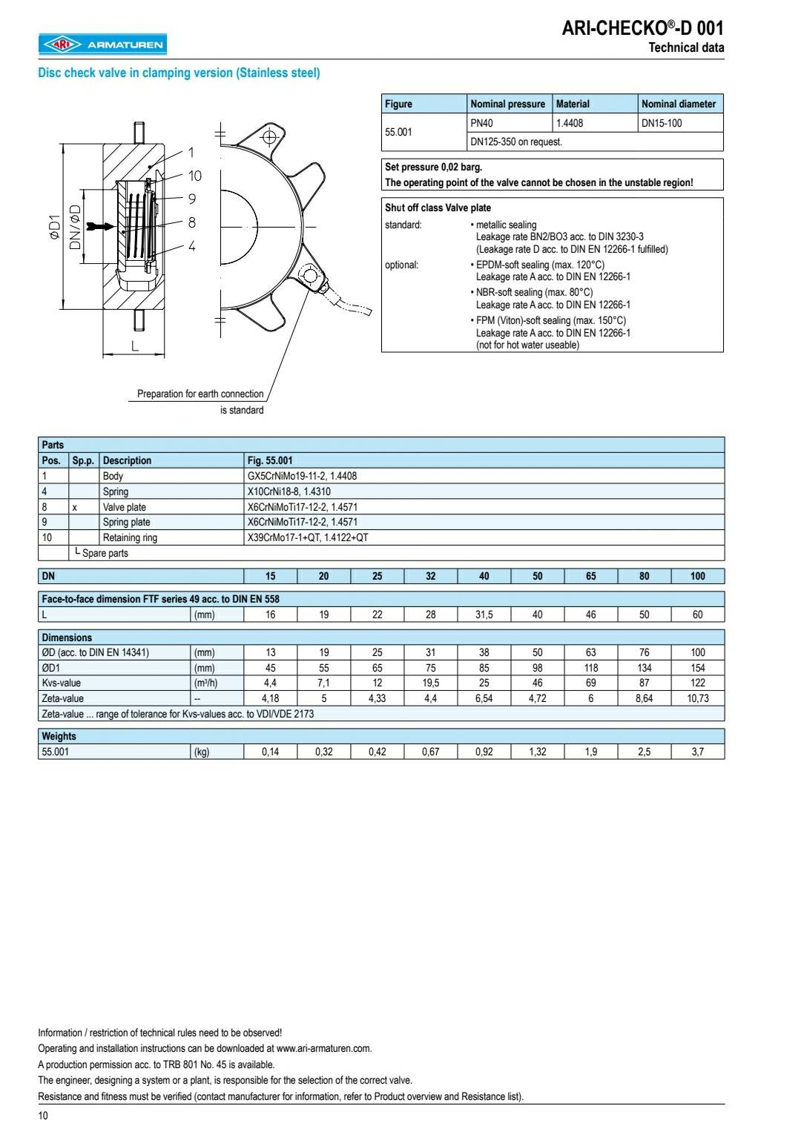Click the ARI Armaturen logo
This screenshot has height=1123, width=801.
tap(102, 45)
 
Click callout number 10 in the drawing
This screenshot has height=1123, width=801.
tap(194, 176)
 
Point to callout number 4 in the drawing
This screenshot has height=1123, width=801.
tap(191, 246)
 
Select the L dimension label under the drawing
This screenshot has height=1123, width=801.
tap(135, 345)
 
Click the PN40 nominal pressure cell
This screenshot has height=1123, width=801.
tap(481, 123)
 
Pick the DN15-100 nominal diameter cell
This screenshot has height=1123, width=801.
tap(662, 123)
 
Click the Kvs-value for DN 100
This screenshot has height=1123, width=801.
tap(697, 683)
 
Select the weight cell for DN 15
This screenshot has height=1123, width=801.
tap(270, 752)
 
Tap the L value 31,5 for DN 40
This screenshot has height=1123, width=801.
tap(484, 614)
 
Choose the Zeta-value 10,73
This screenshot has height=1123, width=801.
tap(697, 698)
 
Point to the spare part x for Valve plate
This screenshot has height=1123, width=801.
tap(74, 507)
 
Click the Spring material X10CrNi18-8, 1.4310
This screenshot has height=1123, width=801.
tap(289, 491)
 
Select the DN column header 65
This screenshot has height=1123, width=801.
tap(590, 576)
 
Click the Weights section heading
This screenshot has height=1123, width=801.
tap(59, 736)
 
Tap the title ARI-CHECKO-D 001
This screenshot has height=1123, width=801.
tap(642, 28)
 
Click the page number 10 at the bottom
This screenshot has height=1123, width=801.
tap(43, 1116)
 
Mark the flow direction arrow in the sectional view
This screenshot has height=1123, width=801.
tap(97, 225)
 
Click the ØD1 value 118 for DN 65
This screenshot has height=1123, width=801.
tap(590, 668)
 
